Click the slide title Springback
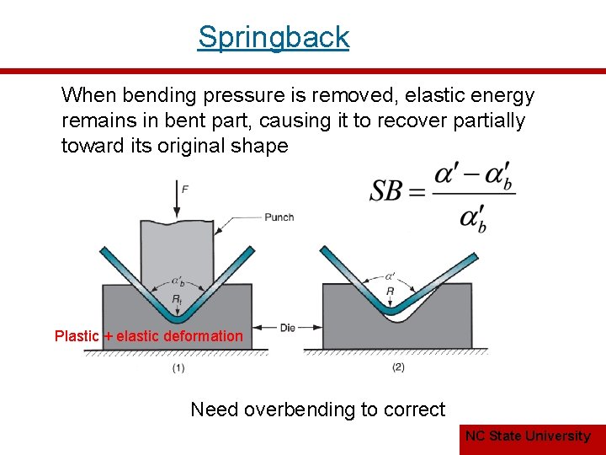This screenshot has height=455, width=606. [274, 37]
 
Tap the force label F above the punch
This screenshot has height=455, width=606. [185, 190]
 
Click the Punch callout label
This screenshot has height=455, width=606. [279, 217]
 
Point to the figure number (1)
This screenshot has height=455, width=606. [178, 367]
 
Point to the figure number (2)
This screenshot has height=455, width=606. [398, 367]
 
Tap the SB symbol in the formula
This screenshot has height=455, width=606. [387, 191]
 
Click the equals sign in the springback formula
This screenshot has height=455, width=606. [417, 192]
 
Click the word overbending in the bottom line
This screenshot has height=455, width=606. [299, 409]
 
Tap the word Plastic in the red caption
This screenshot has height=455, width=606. [77, 336]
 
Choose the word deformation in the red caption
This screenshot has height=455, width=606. [203, 336]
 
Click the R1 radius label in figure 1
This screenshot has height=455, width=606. [177, 300]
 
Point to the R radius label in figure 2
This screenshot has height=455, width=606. [390, 292]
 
